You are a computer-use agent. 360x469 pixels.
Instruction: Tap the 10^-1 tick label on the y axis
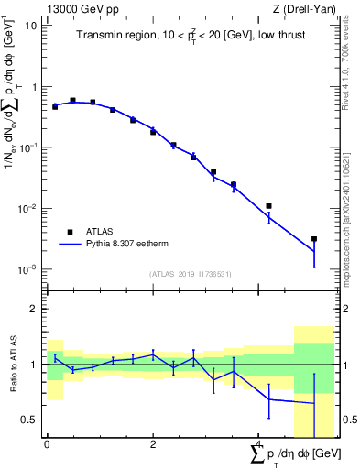[28, 147]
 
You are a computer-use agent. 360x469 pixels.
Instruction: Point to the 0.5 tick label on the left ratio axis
[33, 420]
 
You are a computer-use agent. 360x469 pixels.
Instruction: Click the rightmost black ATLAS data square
[314, 239]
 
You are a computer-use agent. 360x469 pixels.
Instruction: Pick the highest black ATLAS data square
[72, 101]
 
